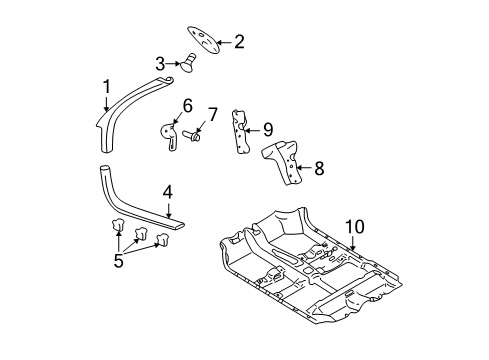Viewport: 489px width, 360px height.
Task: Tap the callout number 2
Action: tap(238, 41)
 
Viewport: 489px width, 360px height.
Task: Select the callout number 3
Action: tap(160, 63)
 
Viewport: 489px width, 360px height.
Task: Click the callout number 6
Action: tap(186, 104)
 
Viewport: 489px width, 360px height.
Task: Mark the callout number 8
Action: tap(318, 169)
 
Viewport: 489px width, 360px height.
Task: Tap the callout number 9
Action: tap(267, 128)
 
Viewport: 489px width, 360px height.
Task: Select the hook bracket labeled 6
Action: tap(171, 132)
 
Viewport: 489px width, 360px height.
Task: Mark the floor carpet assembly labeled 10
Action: tap(300, 290)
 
